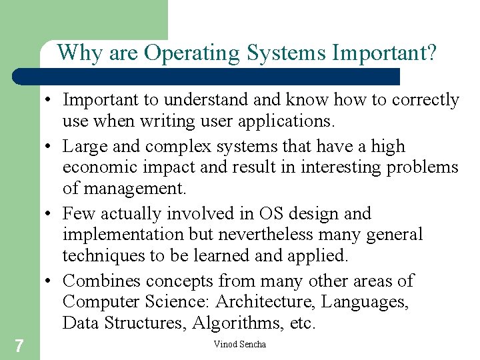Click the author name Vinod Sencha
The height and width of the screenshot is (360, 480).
tap(239, 344)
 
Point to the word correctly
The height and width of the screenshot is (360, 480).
tap(424, 100)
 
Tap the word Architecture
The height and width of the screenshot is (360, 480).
tap(264, 302)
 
